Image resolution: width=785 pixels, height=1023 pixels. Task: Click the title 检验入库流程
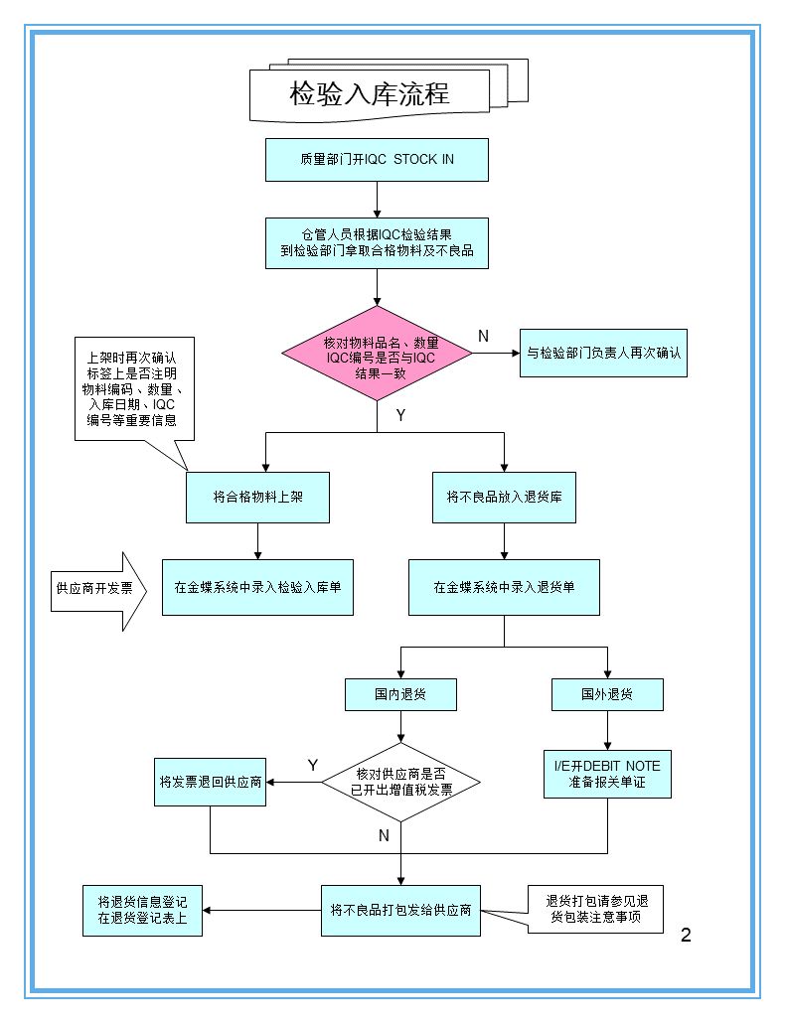click(x=370, y=94)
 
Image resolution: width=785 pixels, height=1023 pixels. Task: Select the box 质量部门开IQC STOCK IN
click(x=377, y=159)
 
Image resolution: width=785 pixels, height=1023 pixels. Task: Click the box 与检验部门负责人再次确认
click(x=603, y=353)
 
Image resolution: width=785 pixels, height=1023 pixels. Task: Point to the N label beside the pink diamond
click(x=484, y=337)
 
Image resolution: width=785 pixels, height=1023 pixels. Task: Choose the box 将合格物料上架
click(x=257, y=497)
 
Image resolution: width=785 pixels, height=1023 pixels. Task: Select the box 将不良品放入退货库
click(x=504, y=497)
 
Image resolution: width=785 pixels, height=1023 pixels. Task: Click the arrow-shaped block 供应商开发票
click(x=97, y=588)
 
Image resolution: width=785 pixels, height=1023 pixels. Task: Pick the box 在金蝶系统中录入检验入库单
click(x=257, y=587)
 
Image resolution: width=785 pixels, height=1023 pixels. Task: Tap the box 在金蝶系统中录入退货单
click(x=504, y=587)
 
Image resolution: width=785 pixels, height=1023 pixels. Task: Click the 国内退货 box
click(x=400, y=694)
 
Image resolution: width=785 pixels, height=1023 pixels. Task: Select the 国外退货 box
click(x=607, y=694)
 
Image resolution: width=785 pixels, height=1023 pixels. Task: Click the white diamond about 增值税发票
click(x=400, y=782)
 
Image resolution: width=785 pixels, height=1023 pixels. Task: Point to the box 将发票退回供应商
click(x=211, y=782)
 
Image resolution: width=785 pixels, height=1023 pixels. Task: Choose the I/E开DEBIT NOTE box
click(x=607, y=774)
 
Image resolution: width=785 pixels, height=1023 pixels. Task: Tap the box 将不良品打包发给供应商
click(x=400, y=910)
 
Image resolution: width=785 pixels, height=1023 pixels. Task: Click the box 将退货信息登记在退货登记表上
click(x=142, y=910)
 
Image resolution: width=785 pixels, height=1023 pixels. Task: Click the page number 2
click(x=686, y=935)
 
